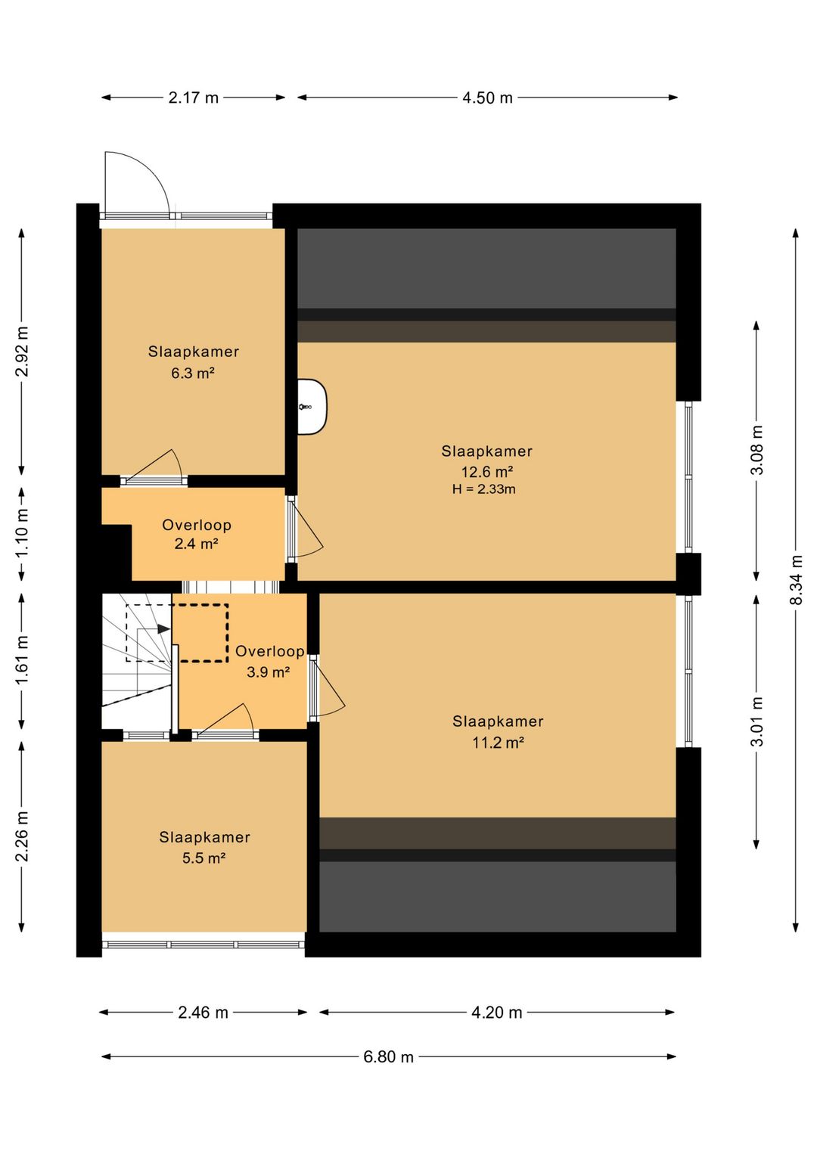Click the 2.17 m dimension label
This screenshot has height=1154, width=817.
point(194,98)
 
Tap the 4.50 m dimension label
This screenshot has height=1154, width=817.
point(487,98)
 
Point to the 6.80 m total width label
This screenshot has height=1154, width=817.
point(388,1056)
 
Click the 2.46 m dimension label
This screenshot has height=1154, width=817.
point(203,1013)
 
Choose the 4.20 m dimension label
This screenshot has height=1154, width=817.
point(496,1013)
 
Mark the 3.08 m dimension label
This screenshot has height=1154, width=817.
point(756,450)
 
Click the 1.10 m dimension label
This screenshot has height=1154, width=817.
point(22,534)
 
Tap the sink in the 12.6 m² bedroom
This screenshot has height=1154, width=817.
point(312,407)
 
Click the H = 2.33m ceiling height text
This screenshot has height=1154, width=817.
point(483,489)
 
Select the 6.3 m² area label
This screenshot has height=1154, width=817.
point(193,373)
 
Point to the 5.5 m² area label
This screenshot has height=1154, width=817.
point(204,858)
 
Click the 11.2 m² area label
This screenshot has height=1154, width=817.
point(498,743)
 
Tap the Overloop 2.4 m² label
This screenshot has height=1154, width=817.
point(197,534)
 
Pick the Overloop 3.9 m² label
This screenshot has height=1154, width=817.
point(269,662)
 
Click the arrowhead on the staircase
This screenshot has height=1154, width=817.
point(163,629)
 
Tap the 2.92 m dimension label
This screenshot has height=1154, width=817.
point(22,352)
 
